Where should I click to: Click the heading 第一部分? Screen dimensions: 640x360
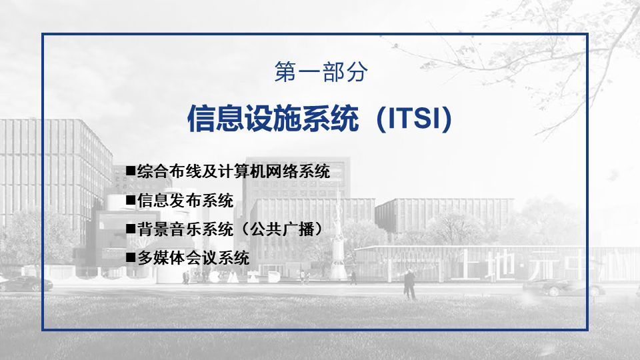(321, 72)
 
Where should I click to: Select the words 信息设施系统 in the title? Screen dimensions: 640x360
(273, 119)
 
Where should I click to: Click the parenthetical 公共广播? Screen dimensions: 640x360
(282, 229)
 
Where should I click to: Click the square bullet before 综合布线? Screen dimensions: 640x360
(131, 170)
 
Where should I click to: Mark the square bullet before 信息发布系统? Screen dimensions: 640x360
(131, 199)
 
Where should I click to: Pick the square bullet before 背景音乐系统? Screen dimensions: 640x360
(131, 228)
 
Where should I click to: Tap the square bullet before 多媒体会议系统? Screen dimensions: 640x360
(131, 257)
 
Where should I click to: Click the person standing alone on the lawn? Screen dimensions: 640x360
(410, 285)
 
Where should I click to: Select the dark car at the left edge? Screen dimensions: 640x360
(25, 284)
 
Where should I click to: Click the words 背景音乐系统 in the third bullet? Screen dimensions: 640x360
(185, 229)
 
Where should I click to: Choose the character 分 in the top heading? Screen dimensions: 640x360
(356, 72)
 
